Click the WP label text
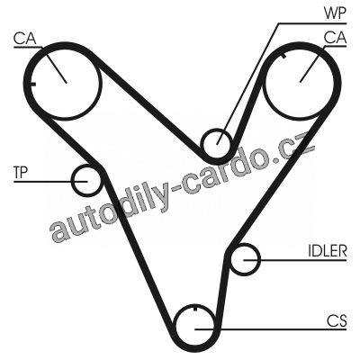335,13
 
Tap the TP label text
21,173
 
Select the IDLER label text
328,251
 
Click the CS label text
337,321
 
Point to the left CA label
24,39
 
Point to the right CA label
336,39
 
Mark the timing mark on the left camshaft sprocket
32,84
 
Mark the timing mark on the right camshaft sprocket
283,56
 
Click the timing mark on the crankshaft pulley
195,308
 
